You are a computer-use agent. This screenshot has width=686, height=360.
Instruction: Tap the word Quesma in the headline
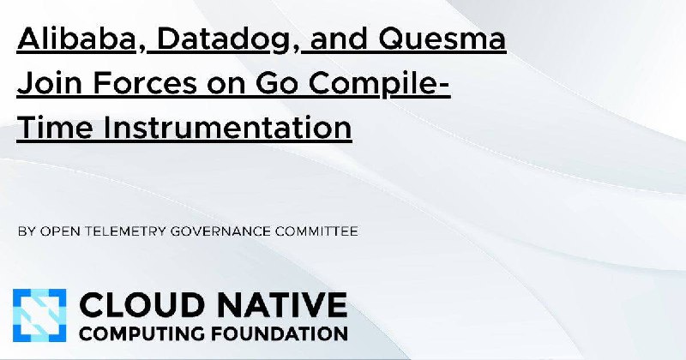tap(442, 39)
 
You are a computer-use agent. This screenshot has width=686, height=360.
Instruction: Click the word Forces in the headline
tap(145, 83)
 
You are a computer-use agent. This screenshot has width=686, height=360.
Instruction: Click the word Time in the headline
tap(55, 127)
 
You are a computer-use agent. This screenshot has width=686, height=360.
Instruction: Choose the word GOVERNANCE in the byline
tap(220, 231)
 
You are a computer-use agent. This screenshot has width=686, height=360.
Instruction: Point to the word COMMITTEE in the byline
tap(316, 231)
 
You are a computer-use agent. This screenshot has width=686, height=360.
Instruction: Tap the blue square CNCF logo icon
tap(39, 315)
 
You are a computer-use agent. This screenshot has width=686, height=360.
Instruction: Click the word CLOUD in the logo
tap(141, 305)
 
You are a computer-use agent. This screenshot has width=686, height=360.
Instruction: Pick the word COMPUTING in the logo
tap(141, 333)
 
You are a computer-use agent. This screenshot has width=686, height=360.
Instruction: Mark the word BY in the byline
tap(27, 231)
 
